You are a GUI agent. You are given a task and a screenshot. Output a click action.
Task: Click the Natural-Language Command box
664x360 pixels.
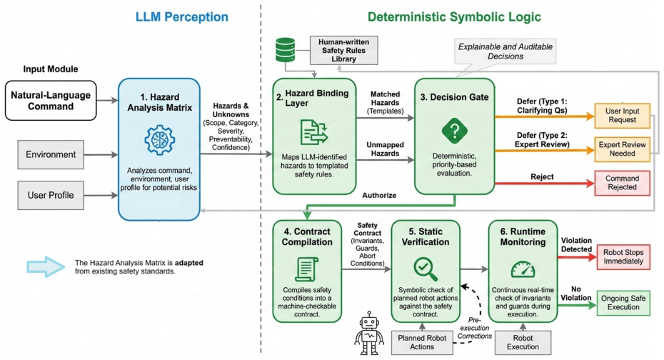pos(51,101)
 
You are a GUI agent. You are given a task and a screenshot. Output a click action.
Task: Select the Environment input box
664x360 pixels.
pos(51,154)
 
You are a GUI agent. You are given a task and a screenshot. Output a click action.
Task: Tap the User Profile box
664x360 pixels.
pos(51,195)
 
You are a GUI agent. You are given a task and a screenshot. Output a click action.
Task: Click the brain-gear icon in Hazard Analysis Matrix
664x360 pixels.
pos(160,140)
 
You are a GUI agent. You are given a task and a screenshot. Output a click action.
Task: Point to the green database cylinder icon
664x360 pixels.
pos(285,50)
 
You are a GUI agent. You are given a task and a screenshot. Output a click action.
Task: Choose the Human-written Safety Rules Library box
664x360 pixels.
pos(344,51)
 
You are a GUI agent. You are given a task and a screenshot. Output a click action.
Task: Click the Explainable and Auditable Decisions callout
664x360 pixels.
pos(505,51)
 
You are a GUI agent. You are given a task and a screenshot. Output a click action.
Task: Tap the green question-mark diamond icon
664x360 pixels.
pos(454,131)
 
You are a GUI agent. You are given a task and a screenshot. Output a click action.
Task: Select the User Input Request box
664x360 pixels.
pos(622,116)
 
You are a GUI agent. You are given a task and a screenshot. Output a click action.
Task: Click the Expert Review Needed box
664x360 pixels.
pos(622,149)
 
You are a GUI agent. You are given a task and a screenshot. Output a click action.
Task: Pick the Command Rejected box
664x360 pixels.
pos(622,183)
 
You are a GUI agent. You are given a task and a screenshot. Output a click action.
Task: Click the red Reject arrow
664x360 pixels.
pos(545,184)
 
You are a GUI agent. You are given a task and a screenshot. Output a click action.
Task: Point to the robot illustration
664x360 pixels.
pos(369,334)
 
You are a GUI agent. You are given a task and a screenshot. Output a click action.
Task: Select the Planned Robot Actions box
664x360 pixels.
pos(422,342)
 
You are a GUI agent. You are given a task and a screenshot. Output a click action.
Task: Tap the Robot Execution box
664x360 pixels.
pos(523,342)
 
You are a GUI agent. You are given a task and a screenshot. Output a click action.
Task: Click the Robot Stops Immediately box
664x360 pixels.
pos(623,256)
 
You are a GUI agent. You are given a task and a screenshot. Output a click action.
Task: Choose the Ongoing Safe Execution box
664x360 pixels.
pos(623,303)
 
